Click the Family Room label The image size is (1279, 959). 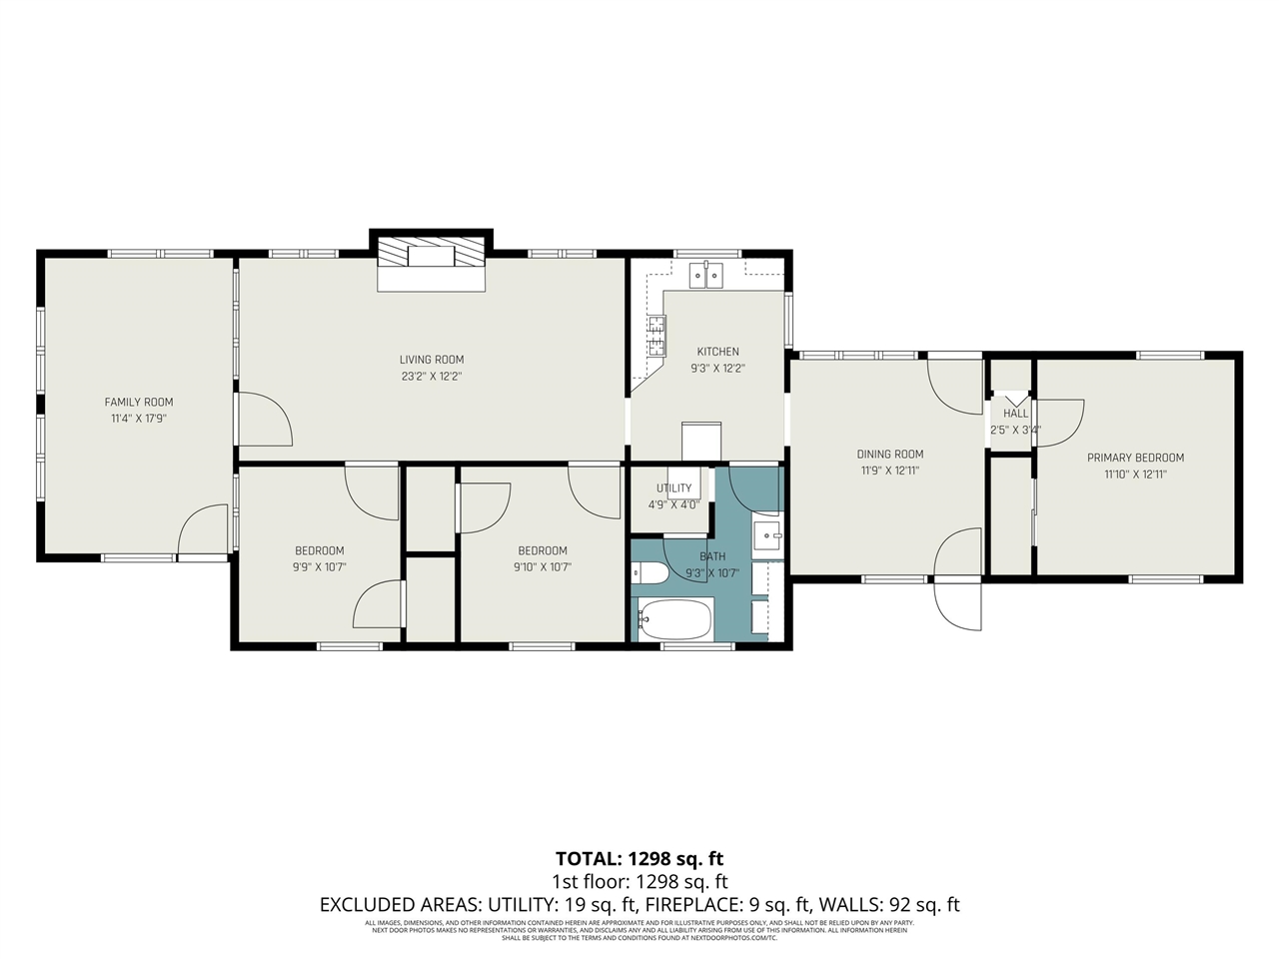[x=139, y=402]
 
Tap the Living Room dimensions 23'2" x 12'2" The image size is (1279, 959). [x=432, y=377]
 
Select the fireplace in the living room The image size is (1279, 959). [x=432, y=256]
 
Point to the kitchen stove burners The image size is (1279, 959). [x=656, y=336]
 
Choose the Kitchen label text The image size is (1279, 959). [x=717, y=352]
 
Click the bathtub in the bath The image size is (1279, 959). [x=675, y=620]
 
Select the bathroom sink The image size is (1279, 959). [x=767, y=535]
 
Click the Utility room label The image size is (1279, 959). [x=673, y=488]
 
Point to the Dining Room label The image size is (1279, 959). [x=889, y=454]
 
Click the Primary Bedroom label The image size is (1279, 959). [x=1135, y=458]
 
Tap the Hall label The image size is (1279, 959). [x=1015, y=414]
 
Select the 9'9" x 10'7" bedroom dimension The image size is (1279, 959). [x=320, y=567]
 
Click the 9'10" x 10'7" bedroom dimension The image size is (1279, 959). [x=543, y=567]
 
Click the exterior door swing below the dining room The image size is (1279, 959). [x=957, y=605]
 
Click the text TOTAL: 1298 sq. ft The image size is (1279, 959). [x=639, y=858]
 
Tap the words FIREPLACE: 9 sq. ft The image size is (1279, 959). [x=726, y=905]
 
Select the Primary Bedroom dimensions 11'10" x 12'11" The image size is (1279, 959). [x=1135, y=475]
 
